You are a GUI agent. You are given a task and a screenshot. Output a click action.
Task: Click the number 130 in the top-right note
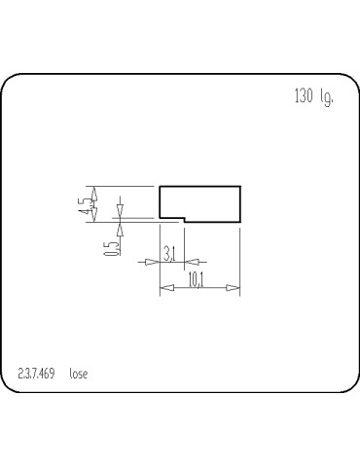[x=302, y=97]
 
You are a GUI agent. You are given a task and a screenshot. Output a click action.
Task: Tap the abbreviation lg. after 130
[x=326, y=98]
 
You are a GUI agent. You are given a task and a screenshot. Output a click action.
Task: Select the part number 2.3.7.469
[x=36, y=374]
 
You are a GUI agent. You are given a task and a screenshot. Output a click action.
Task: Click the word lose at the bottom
[x=79, y=374]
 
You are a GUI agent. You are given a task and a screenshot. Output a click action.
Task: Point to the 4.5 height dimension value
[x=87, y=204]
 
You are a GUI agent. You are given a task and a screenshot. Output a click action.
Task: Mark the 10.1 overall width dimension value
[x=195, y=280]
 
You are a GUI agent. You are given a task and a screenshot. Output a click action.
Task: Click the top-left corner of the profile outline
[x=160, y=186]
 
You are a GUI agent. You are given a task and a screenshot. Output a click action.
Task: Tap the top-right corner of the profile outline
[x=239, y=186]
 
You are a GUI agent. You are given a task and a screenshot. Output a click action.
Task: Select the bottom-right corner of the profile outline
[x=239, y=222]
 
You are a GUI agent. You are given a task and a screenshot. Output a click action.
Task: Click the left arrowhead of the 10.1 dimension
[x=164, y=288]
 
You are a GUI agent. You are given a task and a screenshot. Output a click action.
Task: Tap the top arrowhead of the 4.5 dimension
[x=94, y=191]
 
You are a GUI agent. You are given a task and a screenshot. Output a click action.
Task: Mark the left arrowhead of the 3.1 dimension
[x=154, y=262]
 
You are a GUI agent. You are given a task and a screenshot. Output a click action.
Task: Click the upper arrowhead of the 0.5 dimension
[x=121, y=212]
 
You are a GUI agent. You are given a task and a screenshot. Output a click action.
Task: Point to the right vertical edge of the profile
[x=239, y=204]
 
